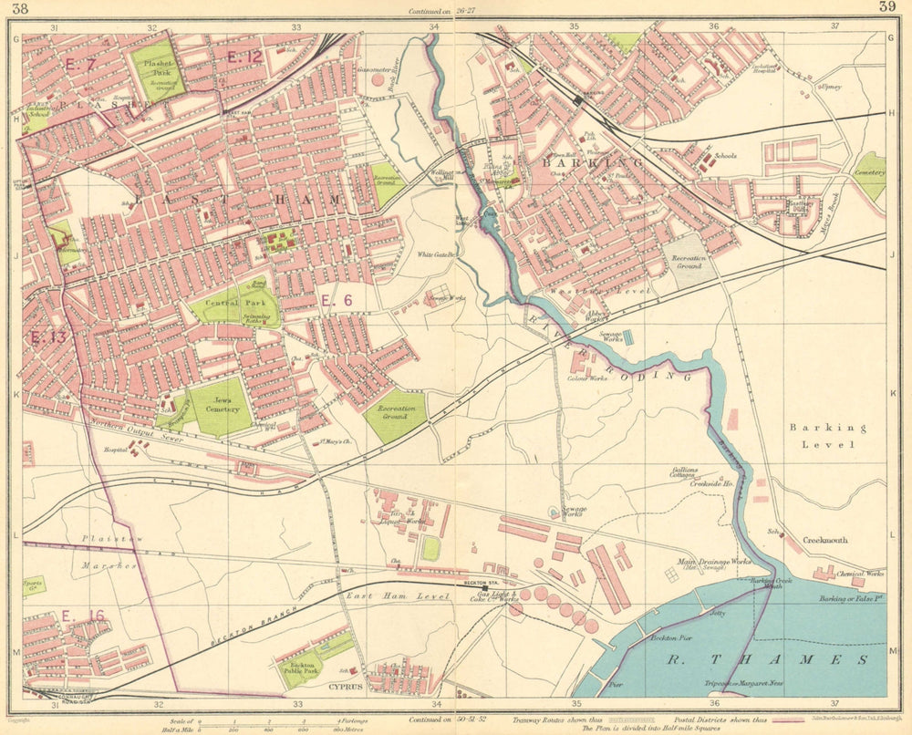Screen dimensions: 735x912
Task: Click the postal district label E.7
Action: [x=81, y=64]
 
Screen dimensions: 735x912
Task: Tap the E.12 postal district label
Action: [x=244, y=57]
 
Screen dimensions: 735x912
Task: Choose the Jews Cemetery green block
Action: [x=220, y=406]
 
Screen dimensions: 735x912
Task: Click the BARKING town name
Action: [x=580, y=162]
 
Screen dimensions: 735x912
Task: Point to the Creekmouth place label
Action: [x=824, y=540]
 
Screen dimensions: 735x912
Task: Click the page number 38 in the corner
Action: [x=16, y=8]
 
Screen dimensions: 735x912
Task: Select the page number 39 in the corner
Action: [x=886, y=8]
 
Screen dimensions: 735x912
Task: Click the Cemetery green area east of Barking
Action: [x=870, y=174]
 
